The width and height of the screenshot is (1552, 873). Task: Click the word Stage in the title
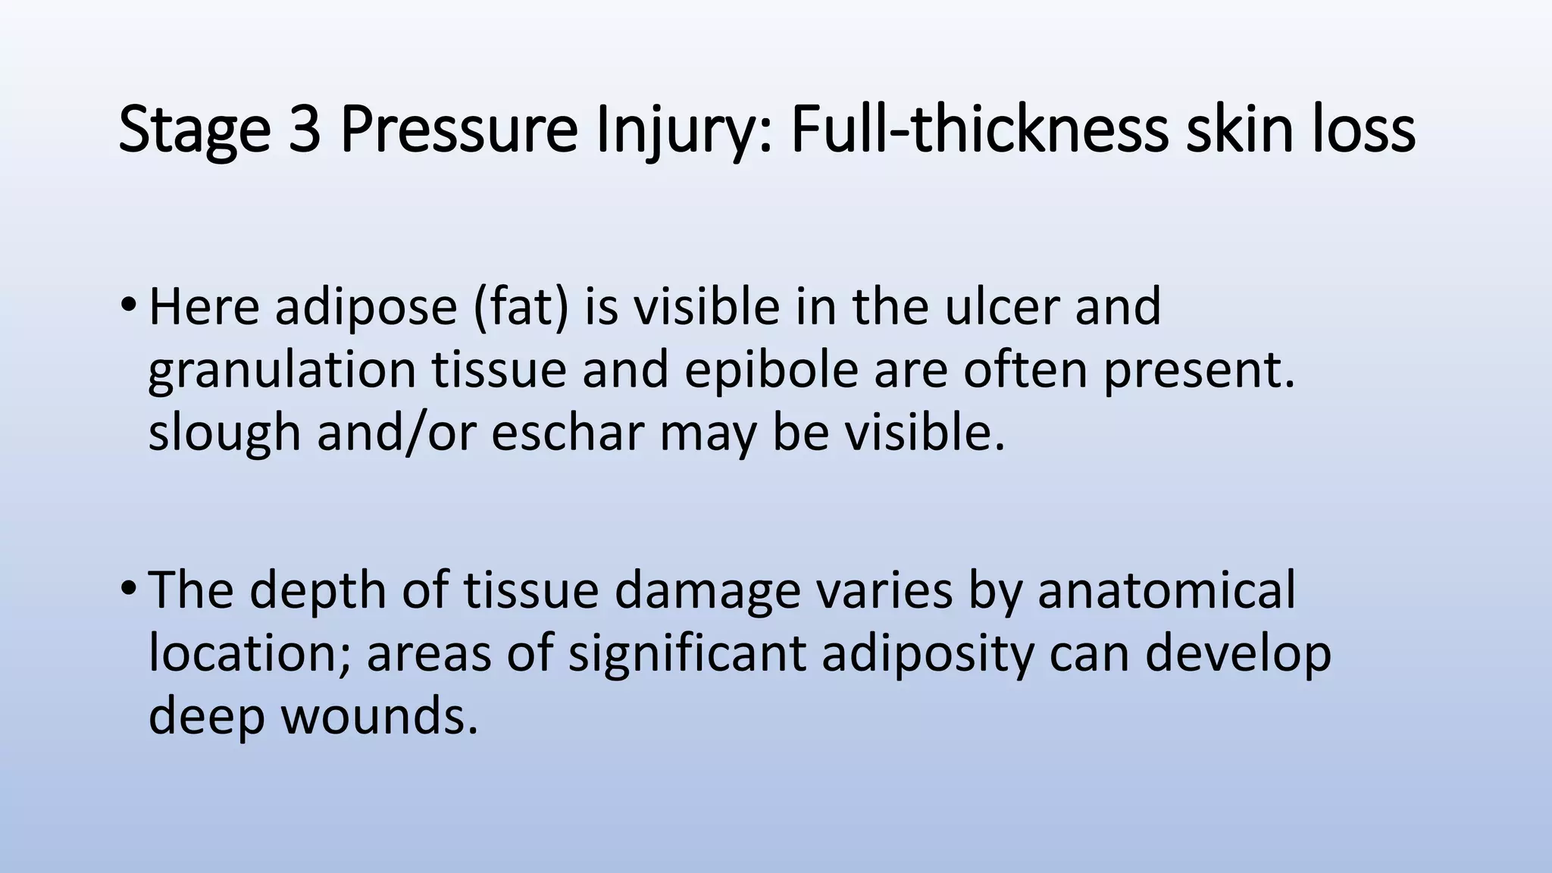click(194, 130)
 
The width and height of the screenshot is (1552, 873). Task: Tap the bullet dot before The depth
click(127, 589)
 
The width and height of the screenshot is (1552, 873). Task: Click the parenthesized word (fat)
click(521, 308)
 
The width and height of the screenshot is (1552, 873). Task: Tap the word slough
click(224, 433)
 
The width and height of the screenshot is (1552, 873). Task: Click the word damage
click(707, 591)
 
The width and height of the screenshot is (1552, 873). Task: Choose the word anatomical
click(1166, 590)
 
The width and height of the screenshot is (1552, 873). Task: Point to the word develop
click(1238, 653)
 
